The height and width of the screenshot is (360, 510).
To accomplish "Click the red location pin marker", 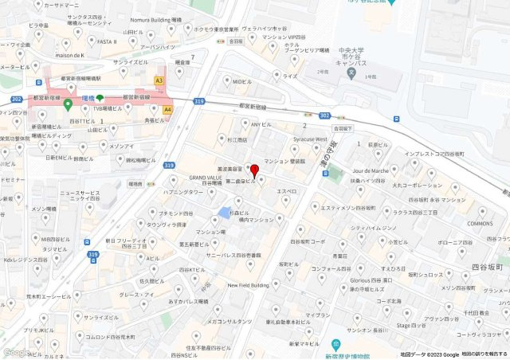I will point(254,171).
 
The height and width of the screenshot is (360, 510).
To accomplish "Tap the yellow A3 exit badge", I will point(159,80).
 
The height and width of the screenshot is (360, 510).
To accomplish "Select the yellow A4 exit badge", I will point(167,109).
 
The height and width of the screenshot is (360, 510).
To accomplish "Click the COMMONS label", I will point(481,224).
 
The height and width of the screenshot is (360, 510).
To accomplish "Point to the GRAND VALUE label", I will point(205,178).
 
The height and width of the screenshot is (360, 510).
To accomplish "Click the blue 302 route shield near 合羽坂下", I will point(324,115).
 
